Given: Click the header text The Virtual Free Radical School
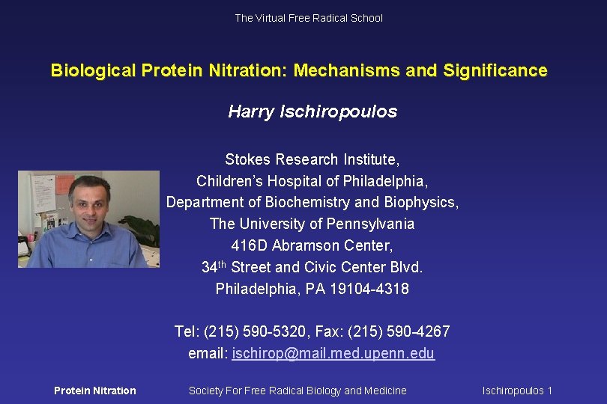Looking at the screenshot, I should pyautogui.click(x=308, y=18).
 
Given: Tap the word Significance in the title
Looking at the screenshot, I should pyautogui.click(x=495, y=71).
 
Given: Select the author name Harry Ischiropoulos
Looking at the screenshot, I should pyautogui.click(x=312, y=112).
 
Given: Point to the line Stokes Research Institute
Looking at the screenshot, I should pyautogui.click(x=312, y=159).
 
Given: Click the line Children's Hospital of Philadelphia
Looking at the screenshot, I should pyautogui.click(x=312, y=181).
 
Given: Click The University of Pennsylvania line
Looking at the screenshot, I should pyautogui.click(x=312, y=224).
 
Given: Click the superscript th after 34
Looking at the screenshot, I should pyautogui.click(x=223, y=263).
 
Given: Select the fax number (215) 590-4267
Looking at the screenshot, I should pyautogui.click(x=402, y=331).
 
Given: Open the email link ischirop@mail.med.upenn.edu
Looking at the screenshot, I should pyautogui.click(x=333, y=353).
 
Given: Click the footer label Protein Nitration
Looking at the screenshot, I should pyautogui.click(x=95, y=391).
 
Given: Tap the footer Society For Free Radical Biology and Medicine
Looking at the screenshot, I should pyautogui.click(x=298, y=391).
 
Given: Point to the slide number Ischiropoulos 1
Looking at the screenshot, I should pyautogui.click(x=517, y=391).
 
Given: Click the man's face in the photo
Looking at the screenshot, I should pyautogui.click(x=89, y=202).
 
